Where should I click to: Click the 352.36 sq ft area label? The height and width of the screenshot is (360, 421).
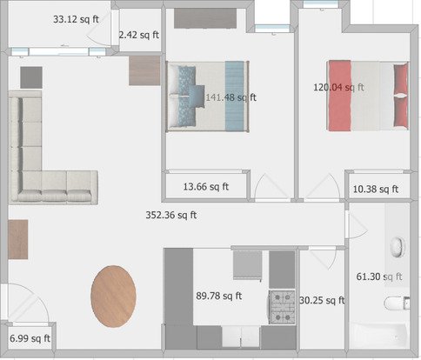coord(171,215)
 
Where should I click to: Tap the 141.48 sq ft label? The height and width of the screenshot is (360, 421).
coord(231,97)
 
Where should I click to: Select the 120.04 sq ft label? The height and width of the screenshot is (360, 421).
coord(338,87)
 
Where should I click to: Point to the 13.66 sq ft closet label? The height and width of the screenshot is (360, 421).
coord(206,186)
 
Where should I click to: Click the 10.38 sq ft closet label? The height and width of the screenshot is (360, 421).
coord(376,189)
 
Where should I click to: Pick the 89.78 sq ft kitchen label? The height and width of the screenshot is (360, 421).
coord(219,296)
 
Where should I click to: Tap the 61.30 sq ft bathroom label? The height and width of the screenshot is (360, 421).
coord(379,277)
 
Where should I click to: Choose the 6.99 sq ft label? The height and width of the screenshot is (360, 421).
coord(30,338)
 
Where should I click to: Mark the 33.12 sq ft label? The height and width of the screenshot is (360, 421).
coord(76,19)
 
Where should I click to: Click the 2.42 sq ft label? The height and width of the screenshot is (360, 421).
coord(139,35)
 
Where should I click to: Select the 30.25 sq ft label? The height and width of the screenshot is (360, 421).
coord(322,300)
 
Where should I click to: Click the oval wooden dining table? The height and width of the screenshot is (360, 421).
coord(113,297)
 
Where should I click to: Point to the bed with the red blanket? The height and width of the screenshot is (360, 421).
coord(368,96)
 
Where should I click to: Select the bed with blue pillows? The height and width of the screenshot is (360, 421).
coord(208,97)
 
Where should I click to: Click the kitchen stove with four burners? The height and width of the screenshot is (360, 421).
coord(282,307)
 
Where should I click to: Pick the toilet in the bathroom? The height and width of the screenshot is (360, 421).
coord(397,303)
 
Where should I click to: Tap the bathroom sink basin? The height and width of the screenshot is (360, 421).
coord(398,247)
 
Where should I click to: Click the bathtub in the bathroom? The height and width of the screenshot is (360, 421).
coord(379,336)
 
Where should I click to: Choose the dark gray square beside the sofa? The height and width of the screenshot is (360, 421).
coord(31,77)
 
